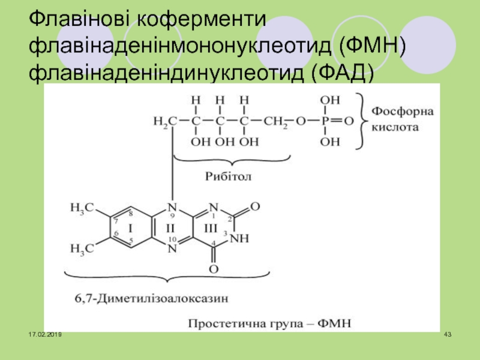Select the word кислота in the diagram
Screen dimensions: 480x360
[x=393, y=128]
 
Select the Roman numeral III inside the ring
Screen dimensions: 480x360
[x=211, y=229]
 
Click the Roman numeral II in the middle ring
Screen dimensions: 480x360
[x=170, y=229]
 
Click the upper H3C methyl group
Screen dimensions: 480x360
[x=82, y=208]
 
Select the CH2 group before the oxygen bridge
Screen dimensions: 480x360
[x=277, y=121]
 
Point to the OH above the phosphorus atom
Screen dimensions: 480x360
[x=329, y=100]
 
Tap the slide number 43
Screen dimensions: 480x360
[x=446, y=334]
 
